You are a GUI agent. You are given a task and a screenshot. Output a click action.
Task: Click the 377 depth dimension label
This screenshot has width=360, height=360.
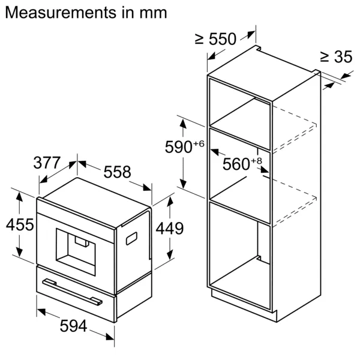tap(47, 163)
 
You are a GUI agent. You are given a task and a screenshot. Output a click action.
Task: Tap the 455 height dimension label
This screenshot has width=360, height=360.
tap(19, 225)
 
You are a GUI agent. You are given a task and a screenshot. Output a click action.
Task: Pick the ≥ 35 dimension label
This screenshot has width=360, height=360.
tap(335, 58)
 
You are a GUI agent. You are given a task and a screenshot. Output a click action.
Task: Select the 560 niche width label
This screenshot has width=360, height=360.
tap(236, 164)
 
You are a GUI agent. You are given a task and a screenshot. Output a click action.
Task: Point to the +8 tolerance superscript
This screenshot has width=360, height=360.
tap(257, 160)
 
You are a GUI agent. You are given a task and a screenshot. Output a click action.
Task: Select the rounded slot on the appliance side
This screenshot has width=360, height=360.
tap(133, 238)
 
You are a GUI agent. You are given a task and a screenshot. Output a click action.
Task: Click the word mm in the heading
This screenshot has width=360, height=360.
tap(154, 12)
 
